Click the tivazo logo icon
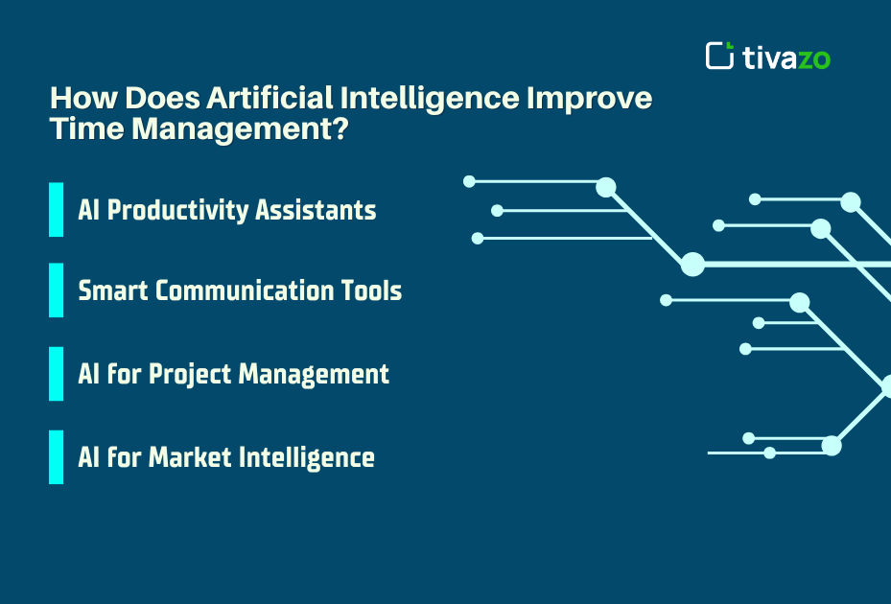point(719,56)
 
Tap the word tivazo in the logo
point(786,58)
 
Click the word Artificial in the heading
point(270,99)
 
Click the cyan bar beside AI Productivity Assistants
point(56,209)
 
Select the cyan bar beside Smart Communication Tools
point(56,290)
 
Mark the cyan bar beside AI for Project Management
point(56,373)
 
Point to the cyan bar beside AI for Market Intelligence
point(56,456)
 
